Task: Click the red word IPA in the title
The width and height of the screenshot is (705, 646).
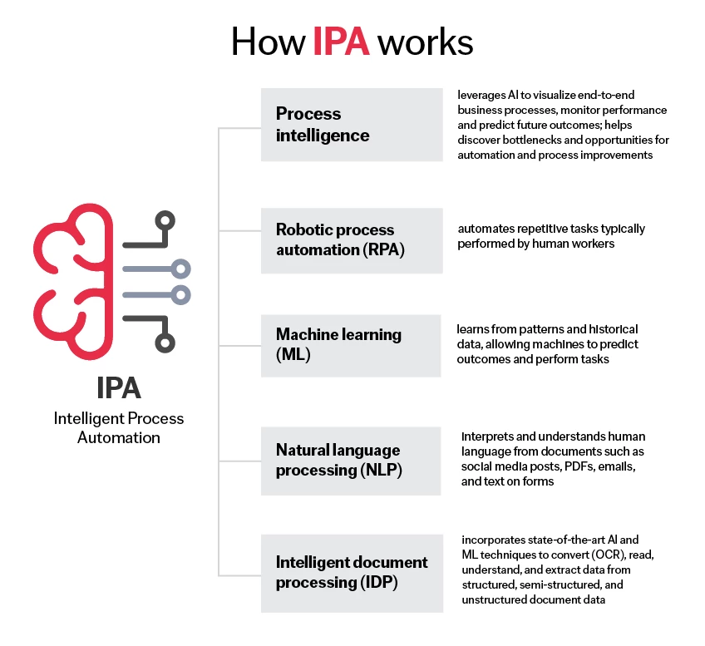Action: [341, 42]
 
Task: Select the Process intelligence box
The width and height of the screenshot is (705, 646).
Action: [351, 124]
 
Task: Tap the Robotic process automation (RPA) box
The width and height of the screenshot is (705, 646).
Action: [351, 239]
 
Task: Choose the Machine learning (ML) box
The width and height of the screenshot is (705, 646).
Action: [351, 345]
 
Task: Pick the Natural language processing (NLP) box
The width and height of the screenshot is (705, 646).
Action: [351, 461]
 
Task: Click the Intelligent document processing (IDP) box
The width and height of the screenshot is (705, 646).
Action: [351, 573]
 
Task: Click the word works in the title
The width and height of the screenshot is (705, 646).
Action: [425, 42]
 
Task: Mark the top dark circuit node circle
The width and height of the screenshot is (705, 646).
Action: [167, 221]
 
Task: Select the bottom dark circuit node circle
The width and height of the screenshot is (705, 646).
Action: [167, 342]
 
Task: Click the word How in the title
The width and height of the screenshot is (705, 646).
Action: [268, 42]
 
